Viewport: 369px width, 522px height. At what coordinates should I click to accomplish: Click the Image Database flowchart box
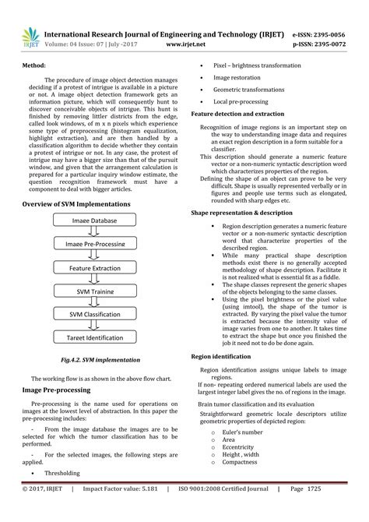pos(95,220)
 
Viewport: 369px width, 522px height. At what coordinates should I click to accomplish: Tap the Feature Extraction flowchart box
pos(95,267)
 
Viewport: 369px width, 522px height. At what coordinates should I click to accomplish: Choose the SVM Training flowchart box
pos(95,291)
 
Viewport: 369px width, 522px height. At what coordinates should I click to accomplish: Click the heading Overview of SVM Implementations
pos(81,203)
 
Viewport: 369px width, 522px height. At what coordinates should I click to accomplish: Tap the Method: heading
pos(33,67)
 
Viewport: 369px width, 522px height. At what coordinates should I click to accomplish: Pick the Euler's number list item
pos(241,431)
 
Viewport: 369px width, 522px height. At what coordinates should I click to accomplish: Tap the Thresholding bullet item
pos(62,473)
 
